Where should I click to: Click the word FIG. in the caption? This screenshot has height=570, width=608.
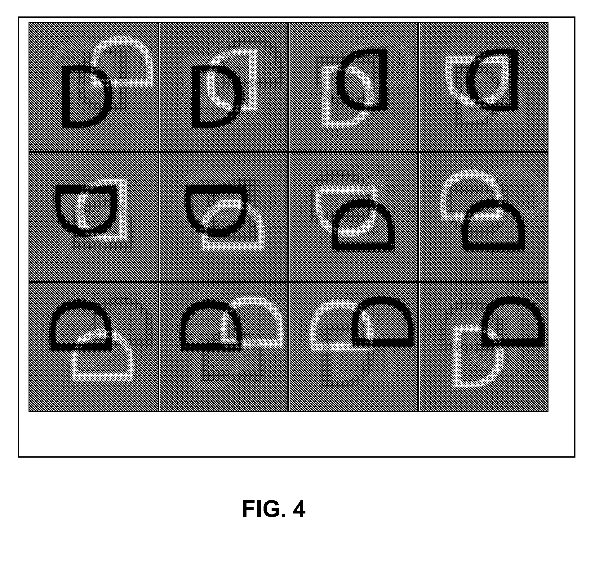tap(264, 509)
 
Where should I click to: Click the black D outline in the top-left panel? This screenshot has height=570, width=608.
tap(66, 98)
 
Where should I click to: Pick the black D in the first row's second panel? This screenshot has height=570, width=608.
tap(196, 98)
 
